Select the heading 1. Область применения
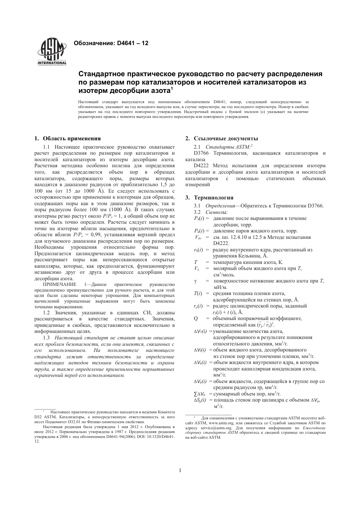coord(68,138)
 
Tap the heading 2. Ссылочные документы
coord(221,138)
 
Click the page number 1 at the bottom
coord(180,471)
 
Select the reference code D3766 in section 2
coord(202,153)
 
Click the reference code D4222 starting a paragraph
coord(202,166)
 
